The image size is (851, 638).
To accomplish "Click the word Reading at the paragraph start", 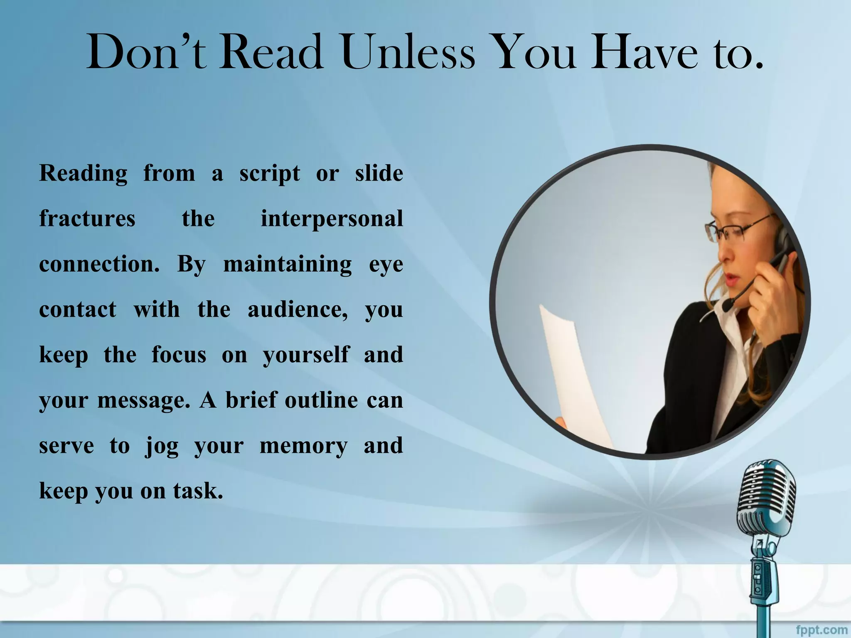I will pyautogui.click(x=83, y=174).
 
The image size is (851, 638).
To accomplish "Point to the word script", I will pyautogui.click(x=269, y=174).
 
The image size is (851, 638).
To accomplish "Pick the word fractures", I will pyautogui.click(x=87, y=219).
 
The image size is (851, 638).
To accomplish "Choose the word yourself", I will pyautogui.click(x=306, y=356).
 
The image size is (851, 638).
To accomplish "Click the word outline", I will pyautogui.click(x=321, y=400).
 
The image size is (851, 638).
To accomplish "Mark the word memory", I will pyautogui.click(x=303, y=446).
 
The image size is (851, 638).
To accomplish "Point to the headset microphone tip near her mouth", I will pyautogui.click(x=727, y=306).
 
